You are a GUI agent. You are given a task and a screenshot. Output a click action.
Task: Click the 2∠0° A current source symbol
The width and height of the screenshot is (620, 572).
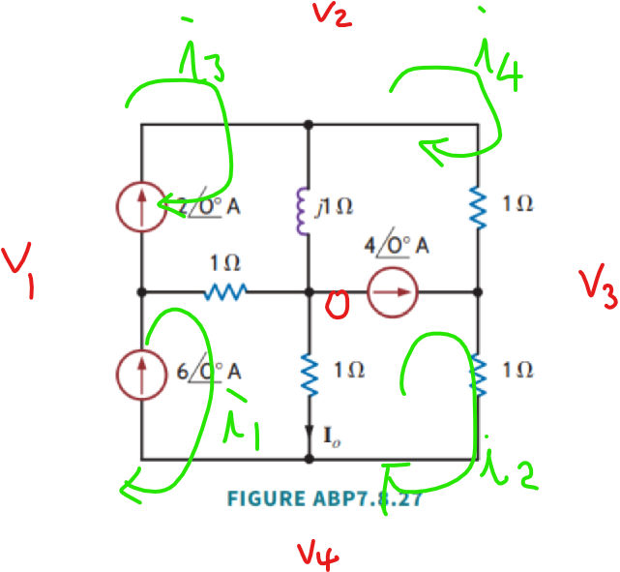point(141,206)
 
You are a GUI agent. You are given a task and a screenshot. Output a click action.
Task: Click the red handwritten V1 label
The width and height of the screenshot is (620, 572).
point(18,272)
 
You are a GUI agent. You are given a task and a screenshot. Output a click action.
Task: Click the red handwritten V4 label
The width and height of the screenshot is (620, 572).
point(318,554)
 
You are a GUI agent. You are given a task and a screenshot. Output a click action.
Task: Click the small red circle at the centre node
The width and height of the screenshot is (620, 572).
point(336,307)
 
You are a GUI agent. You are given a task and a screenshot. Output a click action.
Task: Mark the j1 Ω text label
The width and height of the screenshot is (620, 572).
point(338,206)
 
